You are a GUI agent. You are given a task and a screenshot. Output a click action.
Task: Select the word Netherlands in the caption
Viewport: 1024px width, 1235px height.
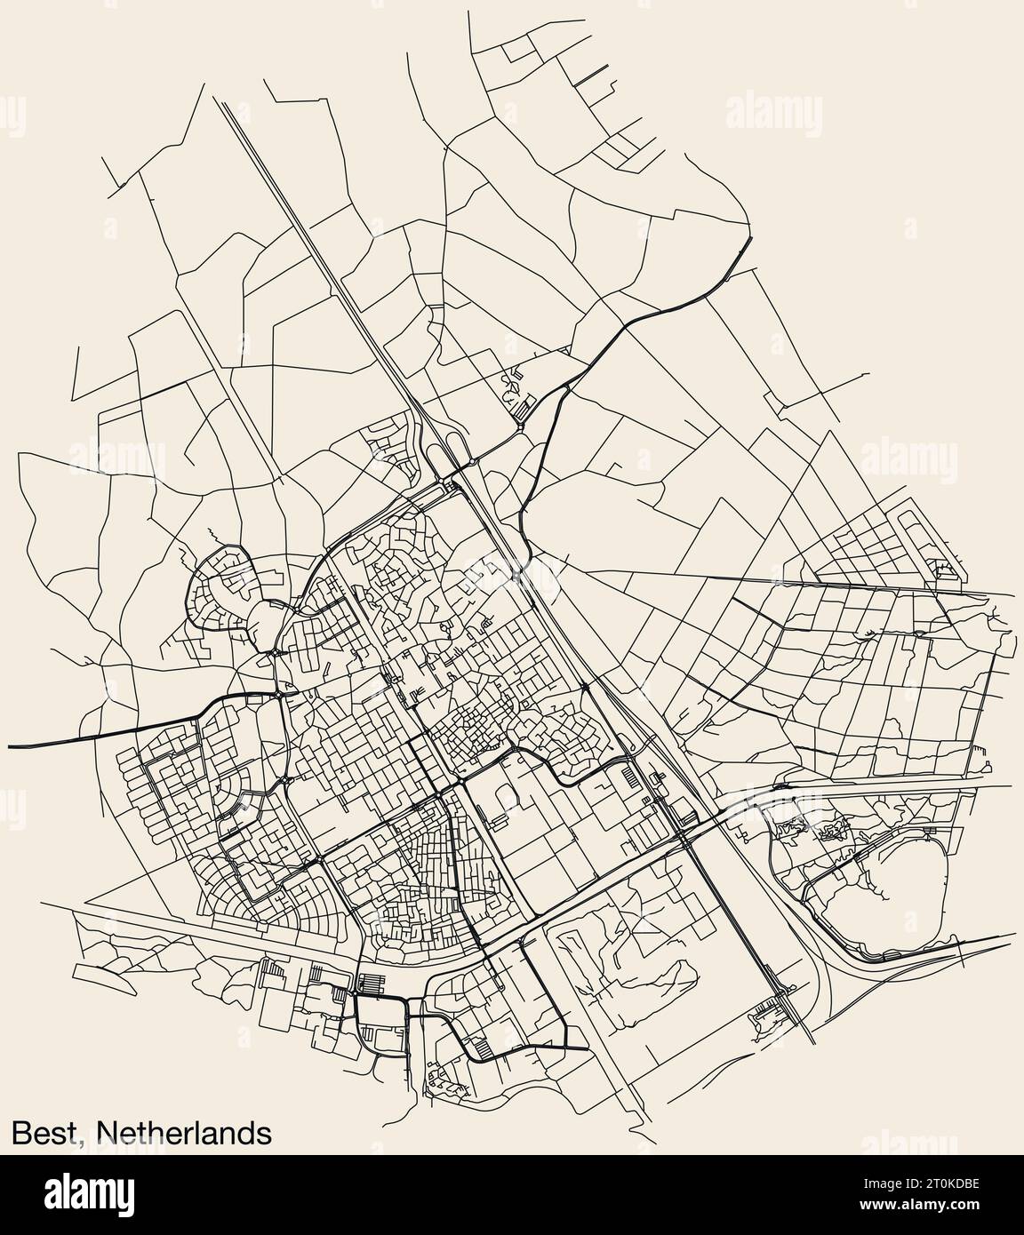click(x=183, y=1132)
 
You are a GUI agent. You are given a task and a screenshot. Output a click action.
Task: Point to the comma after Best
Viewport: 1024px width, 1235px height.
click(x=87, y=1141)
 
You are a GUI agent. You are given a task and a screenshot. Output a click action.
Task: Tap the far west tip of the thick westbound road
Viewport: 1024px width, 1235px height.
click(x=11, y=745)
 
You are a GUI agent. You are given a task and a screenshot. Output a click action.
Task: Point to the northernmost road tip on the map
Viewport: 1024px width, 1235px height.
click(x=468, y=12)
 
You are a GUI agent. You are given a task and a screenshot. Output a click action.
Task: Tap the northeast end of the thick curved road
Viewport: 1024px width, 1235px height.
click(x=751, y=241)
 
